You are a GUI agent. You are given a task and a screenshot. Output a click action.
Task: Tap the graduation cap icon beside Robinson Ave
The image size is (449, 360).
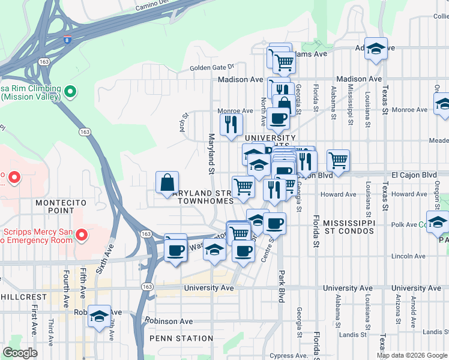[x=99, y=316]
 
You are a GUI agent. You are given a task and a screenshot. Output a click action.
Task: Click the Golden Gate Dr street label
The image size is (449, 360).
[x=211, y=68]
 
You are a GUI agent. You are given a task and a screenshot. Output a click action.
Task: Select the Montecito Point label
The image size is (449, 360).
[x=58, y=208]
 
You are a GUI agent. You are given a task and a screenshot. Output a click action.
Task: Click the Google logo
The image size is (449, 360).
[x=20, y=353]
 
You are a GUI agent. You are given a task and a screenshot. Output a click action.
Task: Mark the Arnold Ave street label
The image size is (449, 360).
[x=413, y=308]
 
